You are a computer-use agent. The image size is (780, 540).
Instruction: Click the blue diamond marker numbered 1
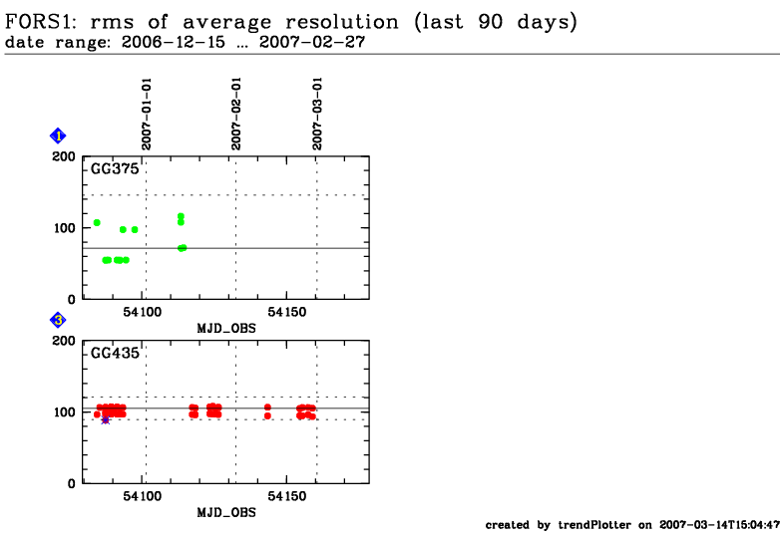tap(58, 135)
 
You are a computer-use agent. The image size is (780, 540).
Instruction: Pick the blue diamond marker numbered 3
tap(58, 320)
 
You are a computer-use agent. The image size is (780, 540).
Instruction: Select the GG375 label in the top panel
tap(115, 169)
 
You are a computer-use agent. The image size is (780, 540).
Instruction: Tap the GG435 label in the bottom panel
tap(115, 353)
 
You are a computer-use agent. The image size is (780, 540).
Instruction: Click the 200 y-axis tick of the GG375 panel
tap(63, 156)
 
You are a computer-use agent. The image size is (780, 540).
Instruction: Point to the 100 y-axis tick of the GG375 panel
tap(63, 228)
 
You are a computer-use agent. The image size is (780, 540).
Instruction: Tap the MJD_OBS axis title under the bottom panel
tap(223, 512)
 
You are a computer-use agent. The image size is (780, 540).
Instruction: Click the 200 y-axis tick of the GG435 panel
tap(63, 341)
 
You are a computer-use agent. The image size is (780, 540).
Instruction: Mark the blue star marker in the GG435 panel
tap(105, 419)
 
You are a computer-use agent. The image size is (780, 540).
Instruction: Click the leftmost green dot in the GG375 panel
tap(97, 222)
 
